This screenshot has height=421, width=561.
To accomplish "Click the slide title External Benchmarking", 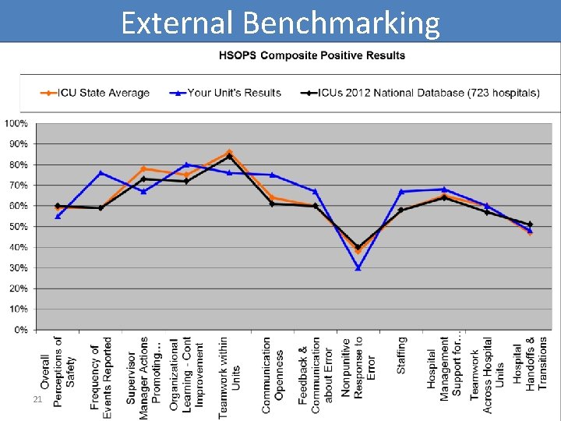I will (280, 23).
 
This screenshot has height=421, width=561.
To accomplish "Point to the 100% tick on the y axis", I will (16, 123).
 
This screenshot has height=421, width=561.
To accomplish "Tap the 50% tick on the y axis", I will (18, 227).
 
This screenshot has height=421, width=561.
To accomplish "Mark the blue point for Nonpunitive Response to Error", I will (358, 268).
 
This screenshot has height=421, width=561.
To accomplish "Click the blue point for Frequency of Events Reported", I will (101, 173).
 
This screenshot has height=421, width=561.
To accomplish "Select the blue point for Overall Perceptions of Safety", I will (58, 216).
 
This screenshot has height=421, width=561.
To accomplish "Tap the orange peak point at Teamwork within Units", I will (229, 152).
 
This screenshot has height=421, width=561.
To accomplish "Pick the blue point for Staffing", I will (400, 192).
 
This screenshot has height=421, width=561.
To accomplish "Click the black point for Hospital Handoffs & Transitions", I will (530, 225).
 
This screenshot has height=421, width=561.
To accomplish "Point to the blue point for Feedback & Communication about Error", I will (315, 191).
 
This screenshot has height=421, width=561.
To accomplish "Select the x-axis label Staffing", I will (401, 355).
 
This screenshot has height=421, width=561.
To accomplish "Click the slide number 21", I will (36, 399).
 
